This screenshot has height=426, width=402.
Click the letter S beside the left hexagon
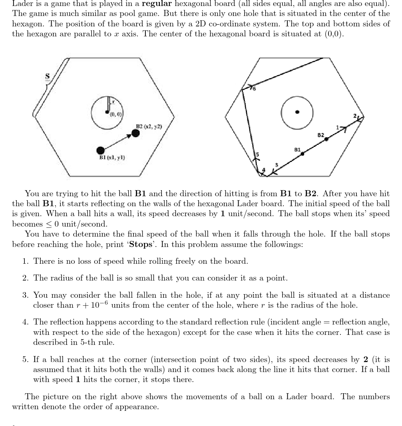click(47, 77)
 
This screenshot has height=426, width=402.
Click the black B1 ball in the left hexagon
click(101, 150)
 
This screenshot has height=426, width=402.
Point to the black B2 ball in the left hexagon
click(136, 133)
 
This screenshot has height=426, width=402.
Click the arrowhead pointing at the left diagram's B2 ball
click(129, 136)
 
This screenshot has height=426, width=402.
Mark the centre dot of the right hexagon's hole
click(297, 112)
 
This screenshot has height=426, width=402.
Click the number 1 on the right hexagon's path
click(337, 127)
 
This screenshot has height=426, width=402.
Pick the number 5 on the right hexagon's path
click(258, 154)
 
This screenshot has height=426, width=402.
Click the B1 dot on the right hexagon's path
click(302, 154)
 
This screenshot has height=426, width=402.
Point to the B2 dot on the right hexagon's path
click(326, 139)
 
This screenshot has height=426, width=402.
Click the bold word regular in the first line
click(157, 4)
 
